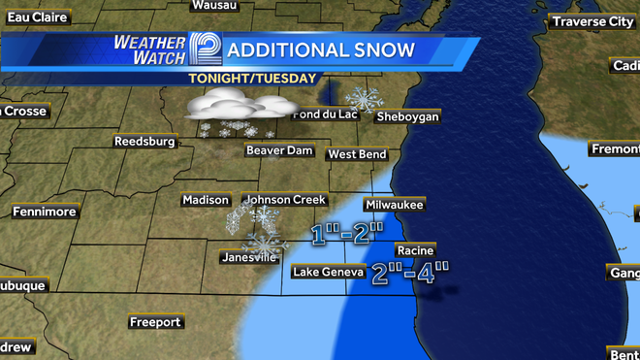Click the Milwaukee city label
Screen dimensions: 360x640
pyautogui.click(x=394, y=206)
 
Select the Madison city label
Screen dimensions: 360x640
pyautogui.click(x=205, y=200)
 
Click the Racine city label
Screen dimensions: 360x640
pyautogui.click(x=414, y=250)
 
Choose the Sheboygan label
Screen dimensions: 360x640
pyautogui.click(x=407, y=116)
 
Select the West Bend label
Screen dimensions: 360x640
pyautogui.click(x=357, y=154)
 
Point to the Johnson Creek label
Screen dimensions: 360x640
pyautogui.click(x=284, y=200)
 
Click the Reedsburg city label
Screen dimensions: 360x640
pyautogui.click(x=144, y=141)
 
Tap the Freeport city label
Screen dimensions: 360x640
pyautogui.click(x=155, y=321)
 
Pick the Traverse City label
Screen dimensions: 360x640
pyautogui.click(x=592, y=21)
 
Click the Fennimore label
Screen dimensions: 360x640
pyautogui.click(x=45, y=211)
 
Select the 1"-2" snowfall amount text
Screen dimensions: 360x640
pyautogui.click(x=347, y=233)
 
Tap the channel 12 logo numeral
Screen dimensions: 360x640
pyautogui.click(x=205, y=49)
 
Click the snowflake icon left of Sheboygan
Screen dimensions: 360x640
pyautogui.click(x=365, y=99)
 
